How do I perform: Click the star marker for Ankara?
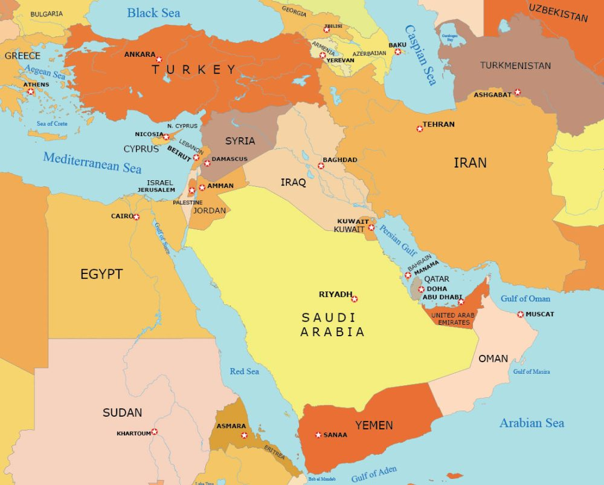point(159,59)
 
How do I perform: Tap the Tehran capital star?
point(420,129)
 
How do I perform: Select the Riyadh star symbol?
point(355,299)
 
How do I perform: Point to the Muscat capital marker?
point(521,314)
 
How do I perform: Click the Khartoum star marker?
point(155,432)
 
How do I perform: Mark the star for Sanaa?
point(318,435)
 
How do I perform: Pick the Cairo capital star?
point(137,217)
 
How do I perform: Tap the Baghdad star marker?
point(321,166)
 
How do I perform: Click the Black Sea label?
point(153,13)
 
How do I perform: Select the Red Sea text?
point(244,371)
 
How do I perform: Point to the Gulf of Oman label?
point(525,298)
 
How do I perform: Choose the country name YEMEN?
point(374,425)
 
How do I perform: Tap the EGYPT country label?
point(101,274)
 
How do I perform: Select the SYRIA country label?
point(240,141)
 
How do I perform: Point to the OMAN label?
point(493,359)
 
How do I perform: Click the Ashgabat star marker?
point(518,93)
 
